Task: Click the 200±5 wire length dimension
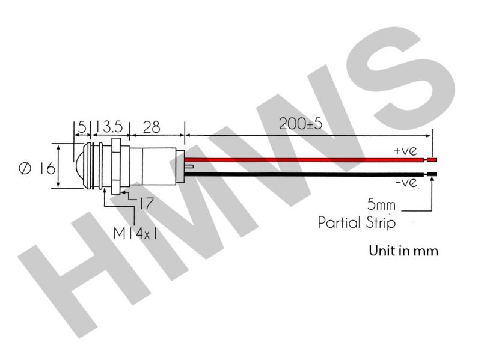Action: (300, 124)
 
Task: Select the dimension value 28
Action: (152, 127)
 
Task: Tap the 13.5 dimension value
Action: (109, 127)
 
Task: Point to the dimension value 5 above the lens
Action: (82, 127)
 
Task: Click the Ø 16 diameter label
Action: (37, 168)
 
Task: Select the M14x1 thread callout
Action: (135, 234)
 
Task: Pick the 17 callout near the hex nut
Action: (146, 203)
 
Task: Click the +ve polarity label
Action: (405, 151)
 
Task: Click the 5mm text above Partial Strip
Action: (381, 204)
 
